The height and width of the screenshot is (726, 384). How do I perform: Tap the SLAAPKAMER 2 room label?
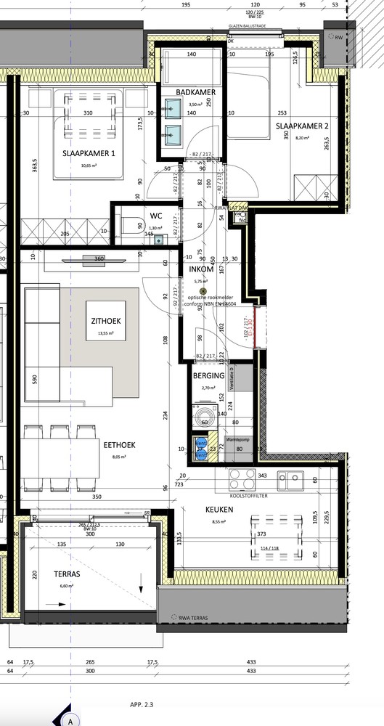click(302, 126)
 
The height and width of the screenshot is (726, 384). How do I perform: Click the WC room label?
click(156, 216)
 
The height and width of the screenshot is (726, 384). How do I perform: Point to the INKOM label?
click(205, 269)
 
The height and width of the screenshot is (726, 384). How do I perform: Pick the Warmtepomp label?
click(237, 439)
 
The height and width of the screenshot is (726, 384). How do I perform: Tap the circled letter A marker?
click(70, 720)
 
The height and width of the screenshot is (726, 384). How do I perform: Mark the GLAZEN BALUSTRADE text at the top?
click(248, 25)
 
